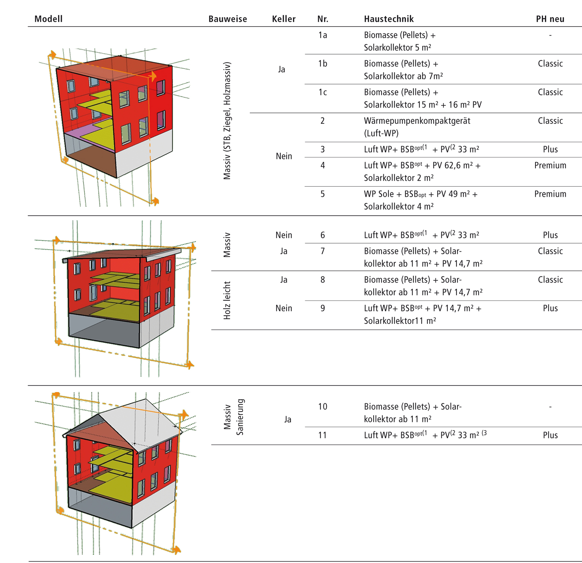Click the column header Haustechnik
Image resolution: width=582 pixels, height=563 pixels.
(388, 19)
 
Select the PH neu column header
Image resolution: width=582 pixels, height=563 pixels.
(550, 19)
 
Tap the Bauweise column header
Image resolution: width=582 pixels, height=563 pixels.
(228, 19)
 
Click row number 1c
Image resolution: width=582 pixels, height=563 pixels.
(323, 92)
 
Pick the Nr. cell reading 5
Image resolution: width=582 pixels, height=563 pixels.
(323, 194)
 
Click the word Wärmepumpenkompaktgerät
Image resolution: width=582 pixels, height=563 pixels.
(417, 121)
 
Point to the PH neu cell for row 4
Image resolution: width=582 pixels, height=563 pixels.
(550, 165)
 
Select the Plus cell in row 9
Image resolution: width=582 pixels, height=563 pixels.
(550, 308)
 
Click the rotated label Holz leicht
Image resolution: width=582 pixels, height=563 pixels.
(227, 300)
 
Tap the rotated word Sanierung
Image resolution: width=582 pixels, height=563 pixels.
(240, 417)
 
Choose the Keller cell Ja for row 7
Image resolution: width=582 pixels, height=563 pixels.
(284, 251)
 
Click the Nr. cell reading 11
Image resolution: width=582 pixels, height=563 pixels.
(323, 435)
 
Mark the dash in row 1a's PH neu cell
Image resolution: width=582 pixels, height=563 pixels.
(550, 35)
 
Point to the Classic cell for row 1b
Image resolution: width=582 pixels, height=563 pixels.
(550, 64)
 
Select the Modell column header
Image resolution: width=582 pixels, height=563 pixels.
(48, 19)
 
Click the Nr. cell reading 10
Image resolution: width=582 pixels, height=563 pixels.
(323, 407)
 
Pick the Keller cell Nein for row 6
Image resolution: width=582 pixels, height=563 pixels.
(284, 235)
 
